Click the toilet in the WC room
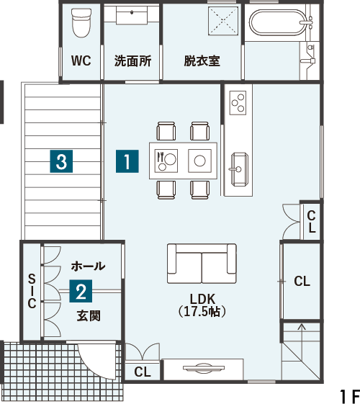coord(81,22)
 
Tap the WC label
coord(81,60)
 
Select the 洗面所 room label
coord(132,61)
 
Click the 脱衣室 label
coord(202,61)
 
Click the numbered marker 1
coord(127,161)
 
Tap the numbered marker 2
coord(81,291)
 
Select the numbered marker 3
coord(61,161)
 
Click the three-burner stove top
coord(238,103)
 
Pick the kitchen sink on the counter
coord(238,169)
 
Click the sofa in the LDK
coord(202,264)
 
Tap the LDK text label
coord(202,299)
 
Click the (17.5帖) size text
coord(202,312)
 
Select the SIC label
coord(32,291)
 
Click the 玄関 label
coord(89,315)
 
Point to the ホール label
coord(89,266)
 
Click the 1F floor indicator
coord(349,396)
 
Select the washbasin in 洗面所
coord(132,15)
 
